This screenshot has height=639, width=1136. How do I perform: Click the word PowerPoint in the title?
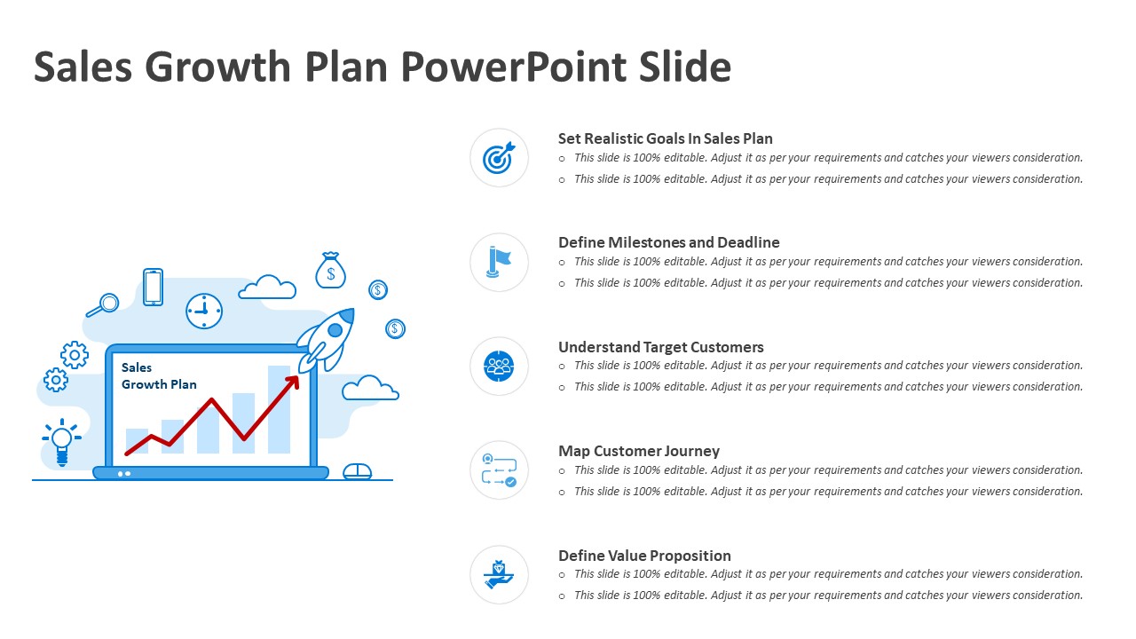tap(514, 67)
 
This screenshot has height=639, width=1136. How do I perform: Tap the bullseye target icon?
tap(499, 158)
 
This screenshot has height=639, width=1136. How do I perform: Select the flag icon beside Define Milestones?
tap(499, 262)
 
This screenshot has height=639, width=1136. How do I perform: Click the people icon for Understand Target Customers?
tap(499, 367)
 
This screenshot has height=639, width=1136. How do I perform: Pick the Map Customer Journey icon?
tap(499, 470)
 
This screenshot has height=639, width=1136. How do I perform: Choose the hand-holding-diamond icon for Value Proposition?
tap(499, 574)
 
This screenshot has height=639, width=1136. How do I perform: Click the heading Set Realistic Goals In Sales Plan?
tap(666, 138)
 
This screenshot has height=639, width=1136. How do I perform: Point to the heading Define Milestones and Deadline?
tap(669, 242)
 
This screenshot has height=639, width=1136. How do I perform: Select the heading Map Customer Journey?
tap(639, 451)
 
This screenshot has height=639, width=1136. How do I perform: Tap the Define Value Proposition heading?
tap(644, 556)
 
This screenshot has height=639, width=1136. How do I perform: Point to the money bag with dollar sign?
tap(331, 271)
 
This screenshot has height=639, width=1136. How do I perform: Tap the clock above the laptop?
tap(204, 311)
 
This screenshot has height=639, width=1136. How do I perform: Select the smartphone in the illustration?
tap(153, 287)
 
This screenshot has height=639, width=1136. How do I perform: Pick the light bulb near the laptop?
tap(62, 442)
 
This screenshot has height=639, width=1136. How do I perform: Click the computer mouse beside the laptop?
tap(357, 471)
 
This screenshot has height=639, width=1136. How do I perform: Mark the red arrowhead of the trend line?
tap(293, 383)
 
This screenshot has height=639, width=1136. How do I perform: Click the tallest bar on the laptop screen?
tap(279, 409)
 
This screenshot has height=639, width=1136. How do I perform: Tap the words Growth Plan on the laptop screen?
tap(159, 384)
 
